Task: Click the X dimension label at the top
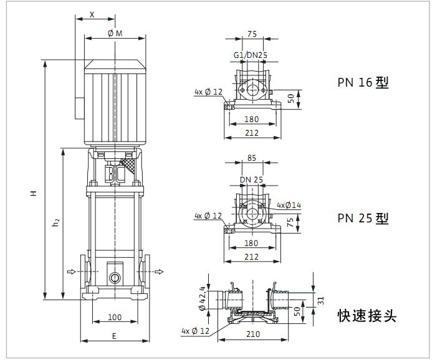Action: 92,14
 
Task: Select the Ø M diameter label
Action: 115,34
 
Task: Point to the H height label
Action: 34,193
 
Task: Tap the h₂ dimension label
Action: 56,222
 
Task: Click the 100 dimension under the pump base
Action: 115,318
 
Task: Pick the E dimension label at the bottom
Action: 114,336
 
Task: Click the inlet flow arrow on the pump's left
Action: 72,272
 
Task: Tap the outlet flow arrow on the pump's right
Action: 159,272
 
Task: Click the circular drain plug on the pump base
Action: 115,278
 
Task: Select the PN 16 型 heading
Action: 363,82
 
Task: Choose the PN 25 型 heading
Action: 363,218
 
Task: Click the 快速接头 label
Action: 366,316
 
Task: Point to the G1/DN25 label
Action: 251,55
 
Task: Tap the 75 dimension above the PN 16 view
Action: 252,34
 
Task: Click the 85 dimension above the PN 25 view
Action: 252,158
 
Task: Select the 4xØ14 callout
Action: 289,206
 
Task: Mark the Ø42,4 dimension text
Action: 202,298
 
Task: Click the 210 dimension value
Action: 253,334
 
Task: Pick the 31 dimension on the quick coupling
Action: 322,301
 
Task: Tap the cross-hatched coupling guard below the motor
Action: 128,167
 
